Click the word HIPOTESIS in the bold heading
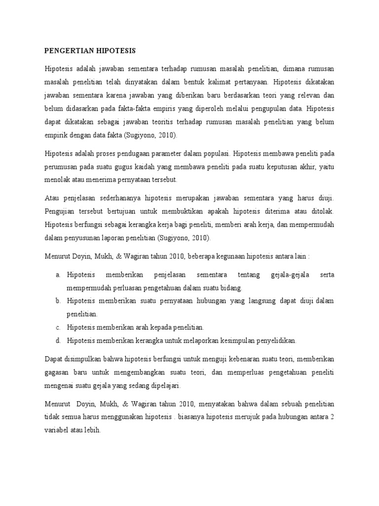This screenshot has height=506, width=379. pyautogui.click(x=115, y=51)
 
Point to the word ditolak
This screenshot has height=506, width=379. pyautogui.click(x=321, y=211)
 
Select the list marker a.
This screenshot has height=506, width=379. pyautogui.click(x=58, y=274)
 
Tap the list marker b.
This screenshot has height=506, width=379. pyautogui.click(x=58, y=300)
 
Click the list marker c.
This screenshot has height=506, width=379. pyautogui.click(x=58, y=327)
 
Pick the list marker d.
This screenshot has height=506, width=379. pyautogui.click(x=58, y=340)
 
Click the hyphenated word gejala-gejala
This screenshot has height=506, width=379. pyautogui.click(x=291, y=274)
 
